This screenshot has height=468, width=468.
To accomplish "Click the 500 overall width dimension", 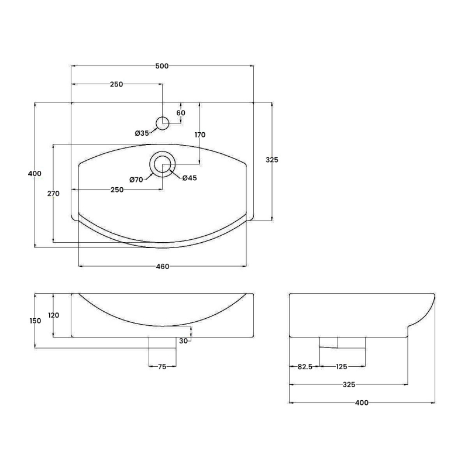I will [x=162, y=66].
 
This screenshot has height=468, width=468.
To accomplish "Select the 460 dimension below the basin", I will [x=162, y=267].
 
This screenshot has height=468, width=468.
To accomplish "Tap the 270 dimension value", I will [x=53, y=194].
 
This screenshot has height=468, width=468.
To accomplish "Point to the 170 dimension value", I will [x=200, y=135].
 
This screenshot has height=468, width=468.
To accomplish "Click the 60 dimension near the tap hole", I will [x=181, y=113].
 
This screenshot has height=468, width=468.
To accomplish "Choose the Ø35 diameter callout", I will [x=142, y=133].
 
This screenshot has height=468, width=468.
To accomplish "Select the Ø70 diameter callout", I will [x=136, y=180].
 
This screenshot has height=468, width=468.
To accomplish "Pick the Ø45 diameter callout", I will [x=188, y=178].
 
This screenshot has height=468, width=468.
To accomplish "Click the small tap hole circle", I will [x=162, y=123].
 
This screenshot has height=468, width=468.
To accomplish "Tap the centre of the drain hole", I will [x=162, y=164].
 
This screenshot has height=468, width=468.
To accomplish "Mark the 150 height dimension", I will [x=35, y=321].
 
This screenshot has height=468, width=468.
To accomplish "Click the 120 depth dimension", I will [x=53, y=315].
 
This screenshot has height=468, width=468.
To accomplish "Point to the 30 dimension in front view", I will [x=183, y=341].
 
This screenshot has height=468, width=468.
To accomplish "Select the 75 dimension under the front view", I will [x=162, y=367].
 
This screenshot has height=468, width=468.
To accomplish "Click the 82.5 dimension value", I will [x=304, y=367].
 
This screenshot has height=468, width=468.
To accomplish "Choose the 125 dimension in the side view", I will [x=342, y=367].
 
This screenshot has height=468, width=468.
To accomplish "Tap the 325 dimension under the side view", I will [x=349, y=385].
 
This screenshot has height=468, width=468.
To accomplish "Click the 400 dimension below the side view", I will [x=362, y=403].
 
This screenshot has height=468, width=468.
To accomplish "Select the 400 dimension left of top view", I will [x=35, y=173].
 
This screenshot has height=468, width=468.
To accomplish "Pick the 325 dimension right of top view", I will [x=272, y=160].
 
